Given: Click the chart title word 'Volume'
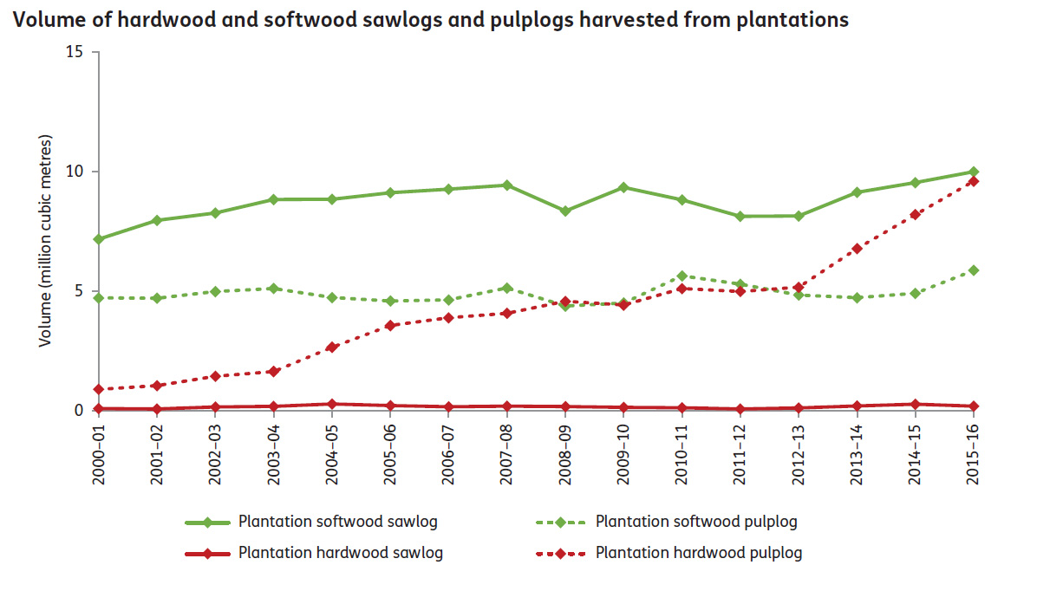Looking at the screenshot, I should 40,20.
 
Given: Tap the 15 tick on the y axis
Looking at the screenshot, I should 76,52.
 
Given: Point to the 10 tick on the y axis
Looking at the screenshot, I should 76,172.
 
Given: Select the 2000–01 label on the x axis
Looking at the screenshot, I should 100,450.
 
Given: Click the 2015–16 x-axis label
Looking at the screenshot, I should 974,450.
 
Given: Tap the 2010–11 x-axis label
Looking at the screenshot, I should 682,450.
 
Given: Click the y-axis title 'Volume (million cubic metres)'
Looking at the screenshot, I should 45,241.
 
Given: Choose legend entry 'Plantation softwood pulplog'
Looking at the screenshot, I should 696,522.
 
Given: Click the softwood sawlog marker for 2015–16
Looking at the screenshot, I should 974,172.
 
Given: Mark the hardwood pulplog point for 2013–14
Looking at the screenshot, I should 858,249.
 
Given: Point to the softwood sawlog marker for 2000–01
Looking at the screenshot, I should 100,238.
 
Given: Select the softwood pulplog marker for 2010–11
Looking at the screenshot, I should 682,276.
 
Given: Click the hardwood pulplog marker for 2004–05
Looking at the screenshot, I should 332,347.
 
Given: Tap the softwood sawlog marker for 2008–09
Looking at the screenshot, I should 565,211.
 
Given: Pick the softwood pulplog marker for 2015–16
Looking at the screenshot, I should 974,270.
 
